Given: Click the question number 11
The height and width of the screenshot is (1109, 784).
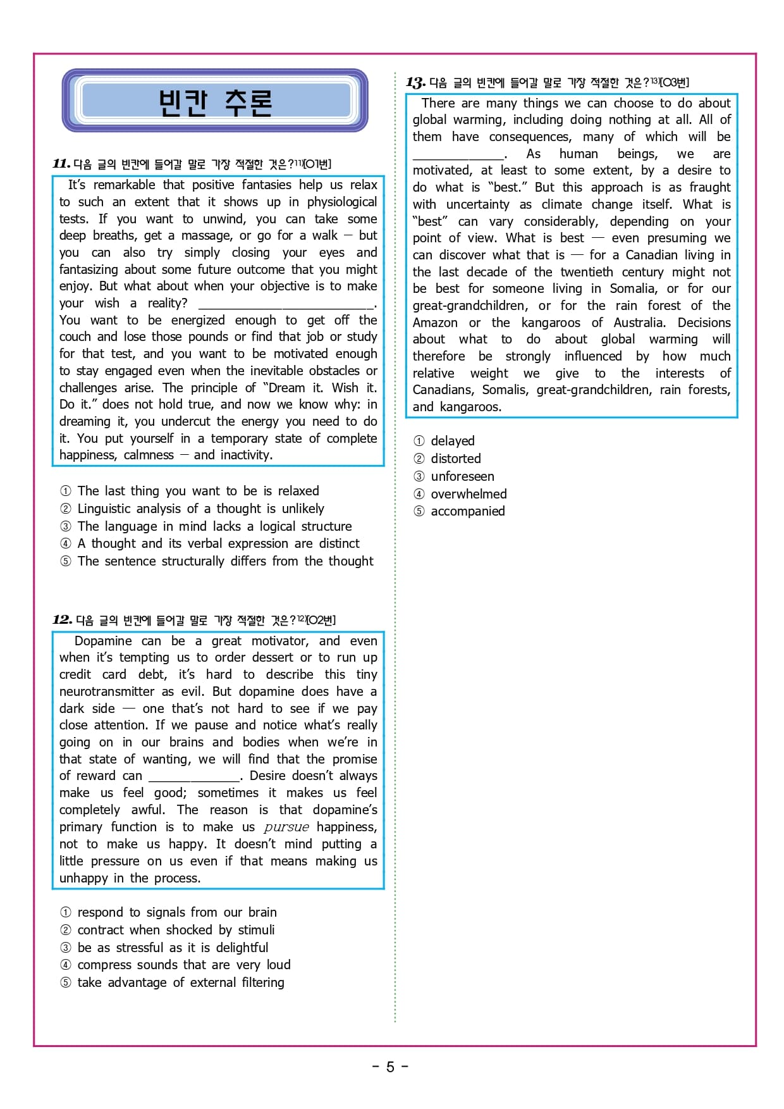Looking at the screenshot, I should [x=61, y=164].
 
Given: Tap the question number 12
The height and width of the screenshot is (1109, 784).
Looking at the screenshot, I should [x=62, y=620].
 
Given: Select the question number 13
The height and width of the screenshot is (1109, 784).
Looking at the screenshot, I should [x=415, y=82].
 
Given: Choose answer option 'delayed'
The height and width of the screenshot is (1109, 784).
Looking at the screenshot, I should [x=452, y=441].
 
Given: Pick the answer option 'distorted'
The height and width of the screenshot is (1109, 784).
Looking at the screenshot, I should [x=455, y=459].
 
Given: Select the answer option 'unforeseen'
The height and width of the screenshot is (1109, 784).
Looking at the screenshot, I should [x=462, y=476].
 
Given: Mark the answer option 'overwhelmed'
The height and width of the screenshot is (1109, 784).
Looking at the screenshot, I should [x=469, y=494].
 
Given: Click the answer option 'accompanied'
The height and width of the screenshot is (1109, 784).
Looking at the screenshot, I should [x=467, y=511].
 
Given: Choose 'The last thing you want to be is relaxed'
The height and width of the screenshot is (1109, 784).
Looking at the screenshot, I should [x=198, y=491].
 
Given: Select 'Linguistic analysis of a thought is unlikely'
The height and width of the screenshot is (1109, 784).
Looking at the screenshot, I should [x=200, y=509].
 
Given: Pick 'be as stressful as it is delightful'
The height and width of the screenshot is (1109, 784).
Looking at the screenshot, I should [x=173, y=948].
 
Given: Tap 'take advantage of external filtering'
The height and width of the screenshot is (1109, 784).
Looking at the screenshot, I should [x=181, y=982].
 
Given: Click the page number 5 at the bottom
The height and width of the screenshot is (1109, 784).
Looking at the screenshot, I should [x=390, y=1067].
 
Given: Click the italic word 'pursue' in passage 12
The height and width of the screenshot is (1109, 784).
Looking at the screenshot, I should [x=286, y=827].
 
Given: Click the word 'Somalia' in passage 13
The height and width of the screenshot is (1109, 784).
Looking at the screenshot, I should [x=634, y=289].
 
